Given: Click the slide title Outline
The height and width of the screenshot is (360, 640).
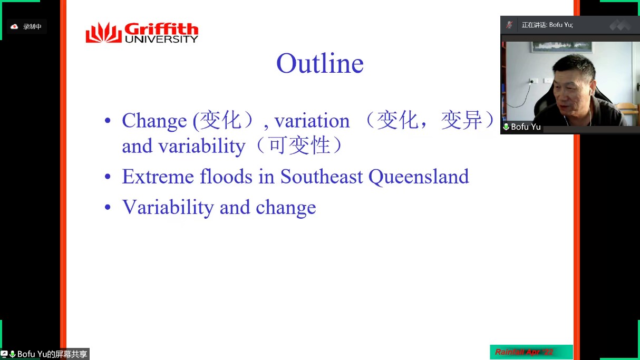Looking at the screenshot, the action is coord(320,63).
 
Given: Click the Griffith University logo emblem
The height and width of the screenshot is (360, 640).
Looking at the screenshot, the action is coord(103,33).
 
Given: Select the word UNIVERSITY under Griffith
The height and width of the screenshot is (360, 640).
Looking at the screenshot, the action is coord(161,39).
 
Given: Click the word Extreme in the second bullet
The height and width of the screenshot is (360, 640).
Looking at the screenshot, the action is coord(158,176).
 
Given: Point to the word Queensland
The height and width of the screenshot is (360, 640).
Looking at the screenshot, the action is coord(419,177).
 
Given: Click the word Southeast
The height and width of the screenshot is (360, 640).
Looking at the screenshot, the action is coord(322,176).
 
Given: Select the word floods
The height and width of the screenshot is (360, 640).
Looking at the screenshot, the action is coord(226,176).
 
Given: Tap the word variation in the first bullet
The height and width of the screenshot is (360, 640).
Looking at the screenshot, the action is coord(312,121).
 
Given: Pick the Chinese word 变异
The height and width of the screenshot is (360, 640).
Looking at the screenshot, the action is coord(461,120).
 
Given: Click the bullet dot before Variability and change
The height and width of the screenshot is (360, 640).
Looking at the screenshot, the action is coord(108,207).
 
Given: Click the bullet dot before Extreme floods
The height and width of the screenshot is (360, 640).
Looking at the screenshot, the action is coord(108,176).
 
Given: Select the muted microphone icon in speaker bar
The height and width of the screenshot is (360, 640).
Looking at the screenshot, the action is coord(509,25).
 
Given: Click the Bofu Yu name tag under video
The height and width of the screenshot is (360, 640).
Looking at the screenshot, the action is coord(522,127).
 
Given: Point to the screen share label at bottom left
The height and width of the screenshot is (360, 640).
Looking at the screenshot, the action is coord(45,354).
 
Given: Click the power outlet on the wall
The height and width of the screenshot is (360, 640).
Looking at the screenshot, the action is coord(533,81).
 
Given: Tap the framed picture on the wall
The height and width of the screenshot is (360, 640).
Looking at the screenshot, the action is coord(562,47).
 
